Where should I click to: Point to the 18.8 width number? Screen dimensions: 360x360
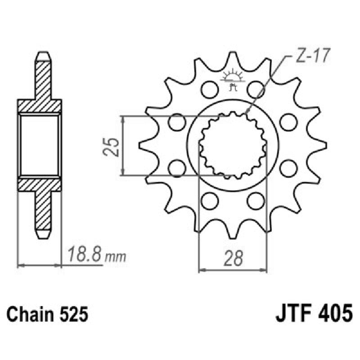point(85,256)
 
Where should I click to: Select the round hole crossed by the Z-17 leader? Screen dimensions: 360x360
point(256,89)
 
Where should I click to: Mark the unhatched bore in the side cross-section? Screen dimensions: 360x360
point(40,145)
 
